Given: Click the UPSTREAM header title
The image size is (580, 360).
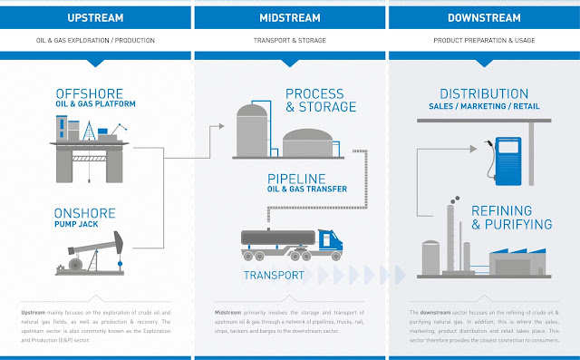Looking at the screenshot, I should click(x=96, y=17).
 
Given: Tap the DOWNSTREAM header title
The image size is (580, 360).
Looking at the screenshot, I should click(x=483, y=17).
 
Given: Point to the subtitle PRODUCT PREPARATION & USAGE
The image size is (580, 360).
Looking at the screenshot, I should click(x=483, y=41).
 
